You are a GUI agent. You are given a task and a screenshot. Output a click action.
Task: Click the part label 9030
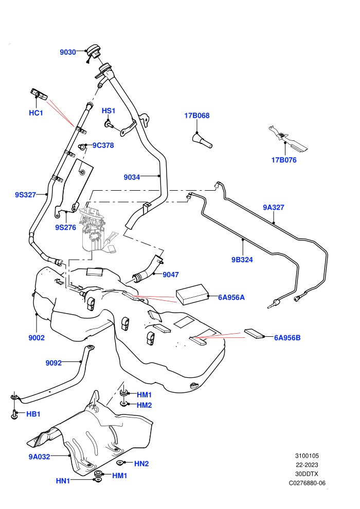tap(67, 52)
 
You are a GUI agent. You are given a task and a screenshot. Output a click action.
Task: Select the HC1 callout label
tap(35, 113)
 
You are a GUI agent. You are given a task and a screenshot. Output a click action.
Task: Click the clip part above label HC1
tap(38, 94)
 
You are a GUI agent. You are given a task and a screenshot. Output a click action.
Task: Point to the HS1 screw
tap(108, 124)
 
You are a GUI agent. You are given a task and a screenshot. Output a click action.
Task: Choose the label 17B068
tap(197, 116)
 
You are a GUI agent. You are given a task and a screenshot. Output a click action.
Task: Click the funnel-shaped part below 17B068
tap(202, 140)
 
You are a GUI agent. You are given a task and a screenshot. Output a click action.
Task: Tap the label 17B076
tap(284, 160)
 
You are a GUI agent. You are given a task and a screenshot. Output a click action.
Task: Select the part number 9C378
tap(103, 146)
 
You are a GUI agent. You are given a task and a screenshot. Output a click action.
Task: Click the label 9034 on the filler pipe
tap(132, 177)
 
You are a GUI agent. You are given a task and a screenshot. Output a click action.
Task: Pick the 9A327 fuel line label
tap(273, 207)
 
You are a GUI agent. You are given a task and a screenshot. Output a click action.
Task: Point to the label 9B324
tap(242, 260)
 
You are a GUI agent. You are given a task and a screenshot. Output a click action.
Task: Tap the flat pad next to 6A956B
tap(255, 334)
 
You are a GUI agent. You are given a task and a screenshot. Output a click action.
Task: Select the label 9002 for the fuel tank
tap(37, 338)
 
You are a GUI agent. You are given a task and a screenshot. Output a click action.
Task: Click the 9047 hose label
tap(171, 275)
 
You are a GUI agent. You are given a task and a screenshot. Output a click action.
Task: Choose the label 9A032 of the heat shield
tap(39, 457)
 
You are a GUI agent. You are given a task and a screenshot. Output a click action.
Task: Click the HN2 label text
tap(141, 464)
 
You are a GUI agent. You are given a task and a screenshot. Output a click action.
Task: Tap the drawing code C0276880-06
tap(307, 483)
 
